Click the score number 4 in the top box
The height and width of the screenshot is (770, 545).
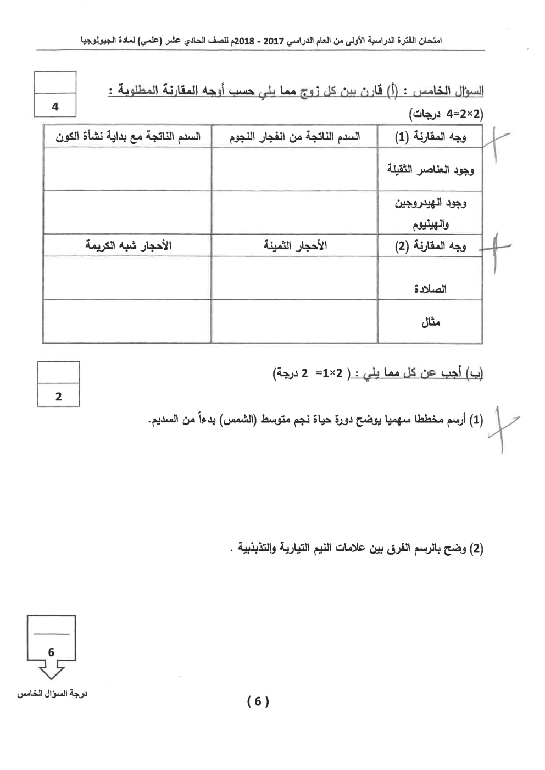[55, 107]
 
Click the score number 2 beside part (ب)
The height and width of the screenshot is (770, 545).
[59, 396]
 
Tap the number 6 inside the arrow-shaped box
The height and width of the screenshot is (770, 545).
[51, 652]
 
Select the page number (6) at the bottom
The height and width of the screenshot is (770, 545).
[258, 701]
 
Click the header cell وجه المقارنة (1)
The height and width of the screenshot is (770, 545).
[430, 137]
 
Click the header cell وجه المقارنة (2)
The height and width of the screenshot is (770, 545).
[430, 246]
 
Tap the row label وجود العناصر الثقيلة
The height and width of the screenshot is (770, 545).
[430, 169]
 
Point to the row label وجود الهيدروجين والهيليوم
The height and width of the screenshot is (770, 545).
[430, 213]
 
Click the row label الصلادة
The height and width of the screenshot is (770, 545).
[430, 289]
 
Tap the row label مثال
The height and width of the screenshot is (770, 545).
[430, 322]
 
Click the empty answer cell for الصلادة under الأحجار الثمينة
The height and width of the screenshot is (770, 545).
[294, 278]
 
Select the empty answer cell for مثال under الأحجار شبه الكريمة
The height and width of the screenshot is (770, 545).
[127, 322]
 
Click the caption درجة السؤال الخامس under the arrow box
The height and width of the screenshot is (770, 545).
[52, 694]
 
